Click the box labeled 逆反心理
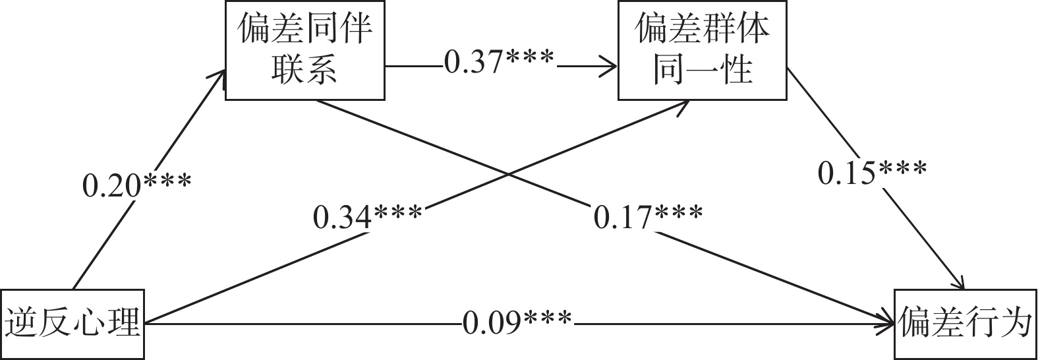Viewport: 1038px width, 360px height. pos(72,324)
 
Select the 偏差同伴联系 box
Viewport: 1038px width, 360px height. pos(304,50)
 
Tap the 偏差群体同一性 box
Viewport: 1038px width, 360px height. pos(702,50)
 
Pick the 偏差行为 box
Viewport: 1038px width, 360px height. pos(965,324)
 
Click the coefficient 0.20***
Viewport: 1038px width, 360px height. pos(136,185)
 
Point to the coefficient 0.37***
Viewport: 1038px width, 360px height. pos(499,62)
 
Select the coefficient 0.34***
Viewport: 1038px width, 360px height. pos(367,217)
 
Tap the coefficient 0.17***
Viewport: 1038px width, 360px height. pos(648,217)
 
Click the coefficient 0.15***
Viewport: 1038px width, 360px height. pos(872,173)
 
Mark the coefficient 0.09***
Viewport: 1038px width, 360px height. pos(517,322)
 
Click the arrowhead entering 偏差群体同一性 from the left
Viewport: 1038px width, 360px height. pos(610,67)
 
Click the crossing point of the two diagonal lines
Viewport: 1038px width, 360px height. pos(507,174)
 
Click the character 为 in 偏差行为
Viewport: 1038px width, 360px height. pos(1015,324)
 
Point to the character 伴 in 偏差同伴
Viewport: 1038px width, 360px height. pos(356,30)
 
